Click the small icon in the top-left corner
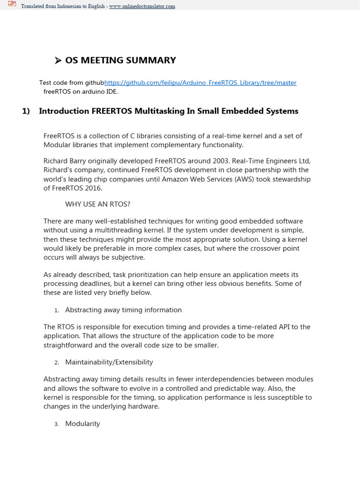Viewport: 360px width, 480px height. point(12,5)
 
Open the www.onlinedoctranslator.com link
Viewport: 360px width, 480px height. point(142,7)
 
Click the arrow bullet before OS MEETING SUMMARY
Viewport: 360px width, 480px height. point(58,60)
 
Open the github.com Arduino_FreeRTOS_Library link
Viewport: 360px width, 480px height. point(200,82)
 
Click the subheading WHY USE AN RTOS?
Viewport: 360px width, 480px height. point(97,204)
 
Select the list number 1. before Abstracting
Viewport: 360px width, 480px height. point(56,310)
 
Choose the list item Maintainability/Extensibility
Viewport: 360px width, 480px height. point(109,362)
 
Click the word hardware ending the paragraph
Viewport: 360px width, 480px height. point(144,406)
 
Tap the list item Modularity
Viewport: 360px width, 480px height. point(82,424)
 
